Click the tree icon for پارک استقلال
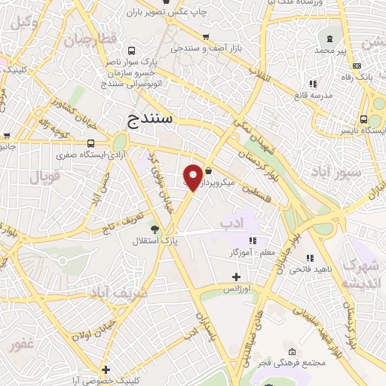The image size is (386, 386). [155, 229]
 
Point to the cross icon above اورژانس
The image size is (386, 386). [236, 277]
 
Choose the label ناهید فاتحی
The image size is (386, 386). [310, 268]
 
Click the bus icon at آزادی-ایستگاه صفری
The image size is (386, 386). [91, 143]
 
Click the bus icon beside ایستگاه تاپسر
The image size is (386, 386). [365, 119]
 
